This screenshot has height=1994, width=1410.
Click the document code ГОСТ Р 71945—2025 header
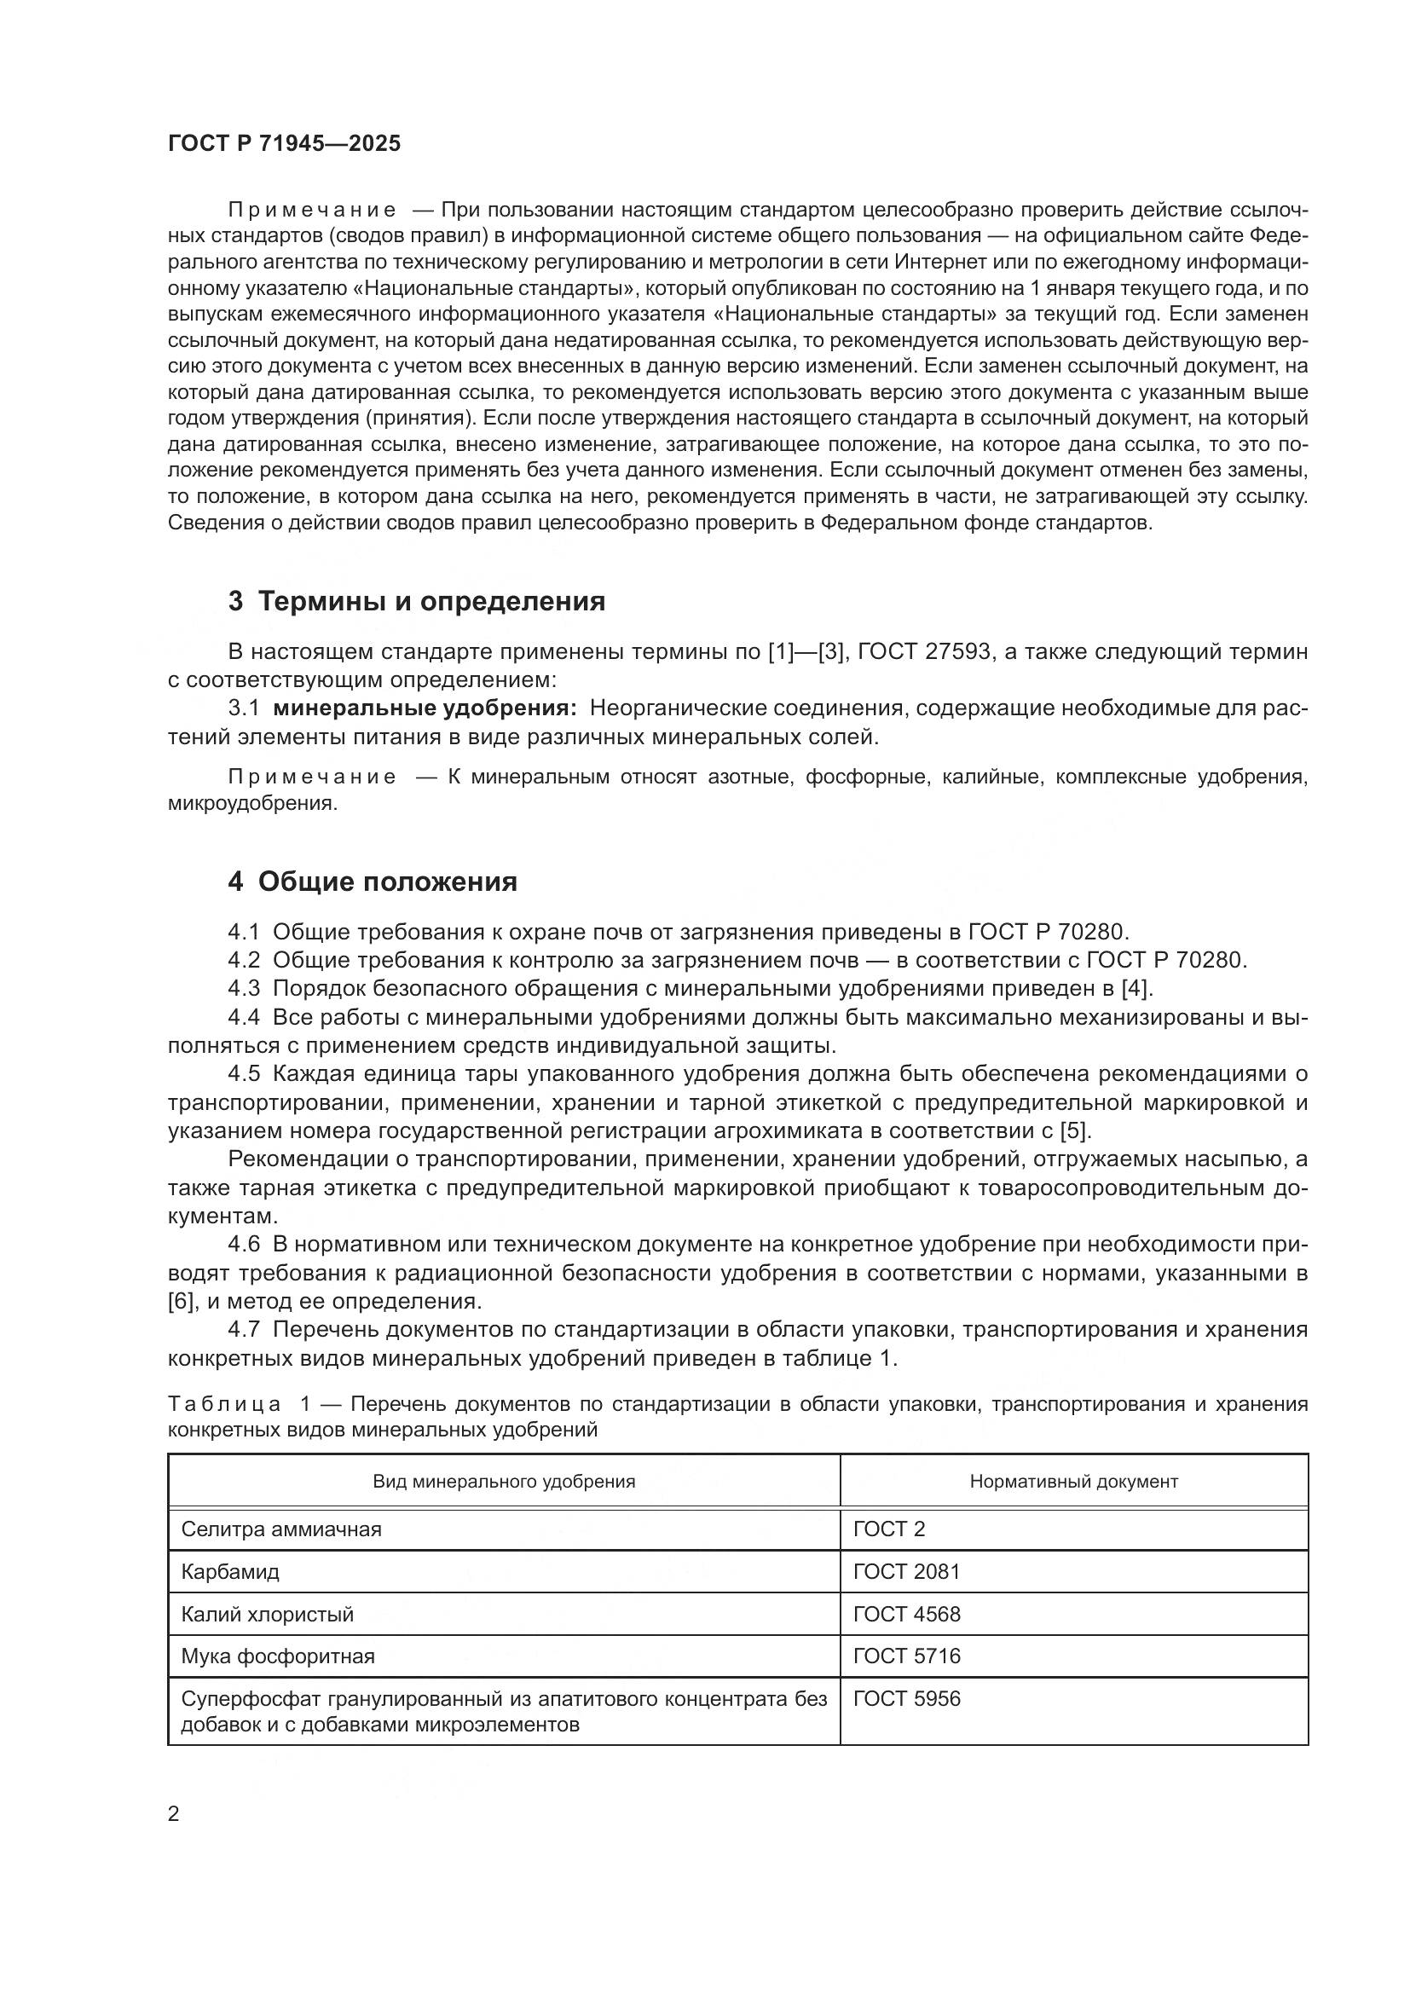pyautogui.click(x=284, y=144)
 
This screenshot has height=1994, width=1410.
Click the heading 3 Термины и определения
pyautogui.click(x=417, y=601)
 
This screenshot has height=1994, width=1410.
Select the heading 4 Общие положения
pyautogui.click(x=373, y=881)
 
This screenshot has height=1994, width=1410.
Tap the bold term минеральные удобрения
pyautogui.click(x=425, y=708)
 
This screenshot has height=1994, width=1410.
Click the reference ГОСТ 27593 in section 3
pyautogui.click(x=924, y=651)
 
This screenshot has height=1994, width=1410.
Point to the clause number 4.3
pyautogui.click(x=244, y=988)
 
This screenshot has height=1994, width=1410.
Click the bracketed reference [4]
pyautogui.click(x=1136, y=988)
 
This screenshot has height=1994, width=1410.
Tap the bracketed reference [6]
pyautogui.click(x=181, y=1301)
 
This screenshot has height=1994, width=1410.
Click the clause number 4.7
pyautogui.click(x=244, y=1330)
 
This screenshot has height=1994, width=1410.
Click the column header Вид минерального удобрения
pyautogui.click(x=504, y=1482)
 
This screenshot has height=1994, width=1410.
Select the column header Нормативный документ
pyautogui.click(x=1073, y=1482)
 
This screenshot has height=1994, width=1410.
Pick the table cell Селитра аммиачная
pyautogui.click(x=281, y=1529)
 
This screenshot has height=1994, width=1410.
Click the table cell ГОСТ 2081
pyautogui.click(x=906, y=1571)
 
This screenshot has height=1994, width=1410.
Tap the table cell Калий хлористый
pyautogui.click(x=268, y=1614)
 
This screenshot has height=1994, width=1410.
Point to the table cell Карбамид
pyautogui.click(x=230, y=1571)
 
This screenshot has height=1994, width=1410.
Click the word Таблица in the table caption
pyautogui.click(x=224, y=1404)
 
